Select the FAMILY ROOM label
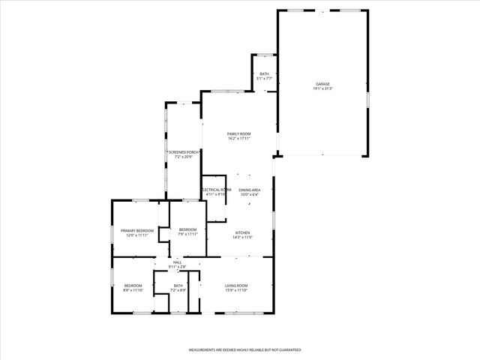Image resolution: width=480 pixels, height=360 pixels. point(239,133)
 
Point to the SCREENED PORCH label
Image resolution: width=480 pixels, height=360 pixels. point(183,152)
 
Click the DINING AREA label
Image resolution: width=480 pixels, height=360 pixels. point(250,190)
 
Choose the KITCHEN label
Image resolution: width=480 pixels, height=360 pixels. point(243,232)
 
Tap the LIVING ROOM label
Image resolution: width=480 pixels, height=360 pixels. point(236,285)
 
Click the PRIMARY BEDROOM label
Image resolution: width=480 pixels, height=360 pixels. point(137,230)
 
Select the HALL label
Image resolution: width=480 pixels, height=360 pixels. point(177,262)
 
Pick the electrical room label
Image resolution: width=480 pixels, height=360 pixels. point(216,190)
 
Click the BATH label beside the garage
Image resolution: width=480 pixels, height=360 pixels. point(264,73)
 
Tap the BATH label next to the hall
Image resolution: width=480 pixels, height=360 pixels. point(178,285)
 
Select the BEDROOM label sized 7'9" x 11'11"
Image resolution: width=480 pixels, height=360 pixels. point(187,229)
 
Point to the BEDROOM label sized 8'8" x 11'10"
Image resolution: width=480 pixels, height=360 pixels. point(133,285)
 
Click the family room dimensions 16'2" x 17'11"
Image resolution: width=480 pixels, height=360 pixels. point(239,139)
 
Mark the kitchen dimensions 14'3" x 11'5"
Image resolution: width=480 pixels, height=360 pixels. point(243,238)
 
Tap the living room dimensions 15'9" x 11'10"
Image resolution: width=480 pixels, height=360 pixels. point(236,290)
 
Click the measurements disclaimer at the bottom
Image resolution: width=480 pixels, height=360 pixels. point(239,349)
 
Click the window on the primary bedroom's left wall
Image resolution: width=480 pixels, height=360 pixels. point(112,233)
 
